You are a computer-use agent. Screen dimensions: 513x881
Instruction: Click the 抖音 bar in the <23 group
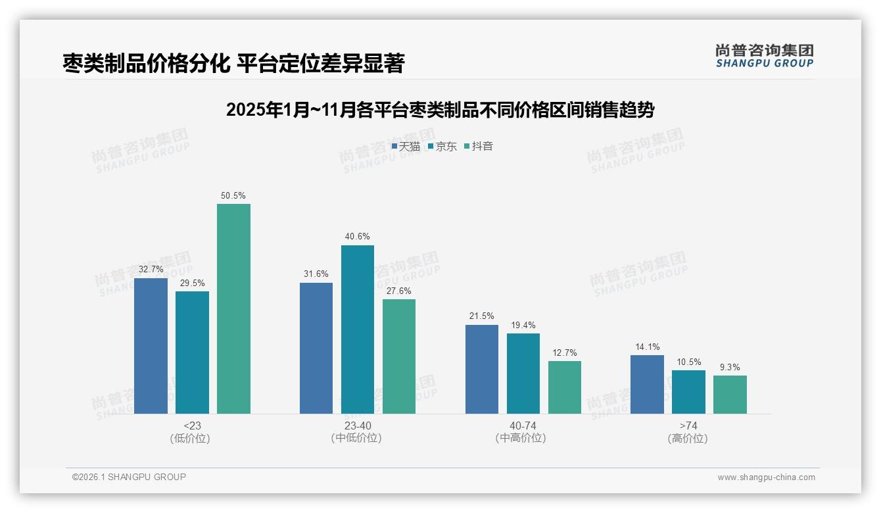click(x=233, y=308)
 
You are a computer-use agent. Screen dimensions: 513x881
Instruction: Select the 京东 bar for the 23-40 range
click(x=357, y=329)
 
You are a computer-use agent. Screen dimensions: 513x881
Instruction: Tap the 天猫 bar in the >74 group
click(x=647, y=384)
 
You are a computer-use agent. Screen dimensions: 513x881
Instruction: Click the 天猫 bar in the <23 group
click(x=151, y=345)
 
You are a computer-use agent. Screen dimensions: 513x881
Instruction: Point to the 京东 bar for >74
click(x=688, y=391)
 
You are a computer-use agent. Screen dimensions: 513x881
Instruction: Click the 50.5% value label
click(x=233, y=195)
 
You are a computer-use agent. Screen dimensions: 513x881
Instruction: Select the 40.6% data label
click(x=357, y=237)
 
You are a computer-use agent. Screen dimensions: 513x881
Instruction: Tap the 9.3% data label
click(x=730, y=367)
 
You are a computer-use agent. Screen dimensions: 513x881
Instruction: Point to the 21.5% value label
click(x=481, y=316)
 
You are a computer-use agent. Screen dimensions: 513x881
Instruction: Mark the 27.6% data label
click(x=399, y=291)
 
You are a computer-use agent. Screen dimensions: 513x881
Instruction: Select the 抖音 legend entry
click(x=479, y=146)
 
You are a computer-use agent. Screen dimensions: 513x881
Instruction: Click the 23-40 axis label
click(x=357, y=426)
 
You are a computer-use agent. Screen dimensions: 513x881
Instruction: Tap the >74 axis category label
click(x=688, y=426)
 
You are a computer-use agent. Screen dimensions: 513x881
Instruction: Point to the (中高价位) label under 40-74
click(x=523, y=438)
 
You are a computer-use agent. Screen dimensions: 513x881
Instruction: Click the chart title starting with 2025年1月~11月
click(x=440, y=110)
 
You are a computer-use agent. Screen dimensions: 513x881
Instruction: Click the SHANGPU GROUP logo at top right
click(x=764, y=55)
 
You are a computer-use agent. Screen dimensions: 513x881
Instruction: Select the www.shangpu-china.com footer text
click(x=766, y=477)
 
